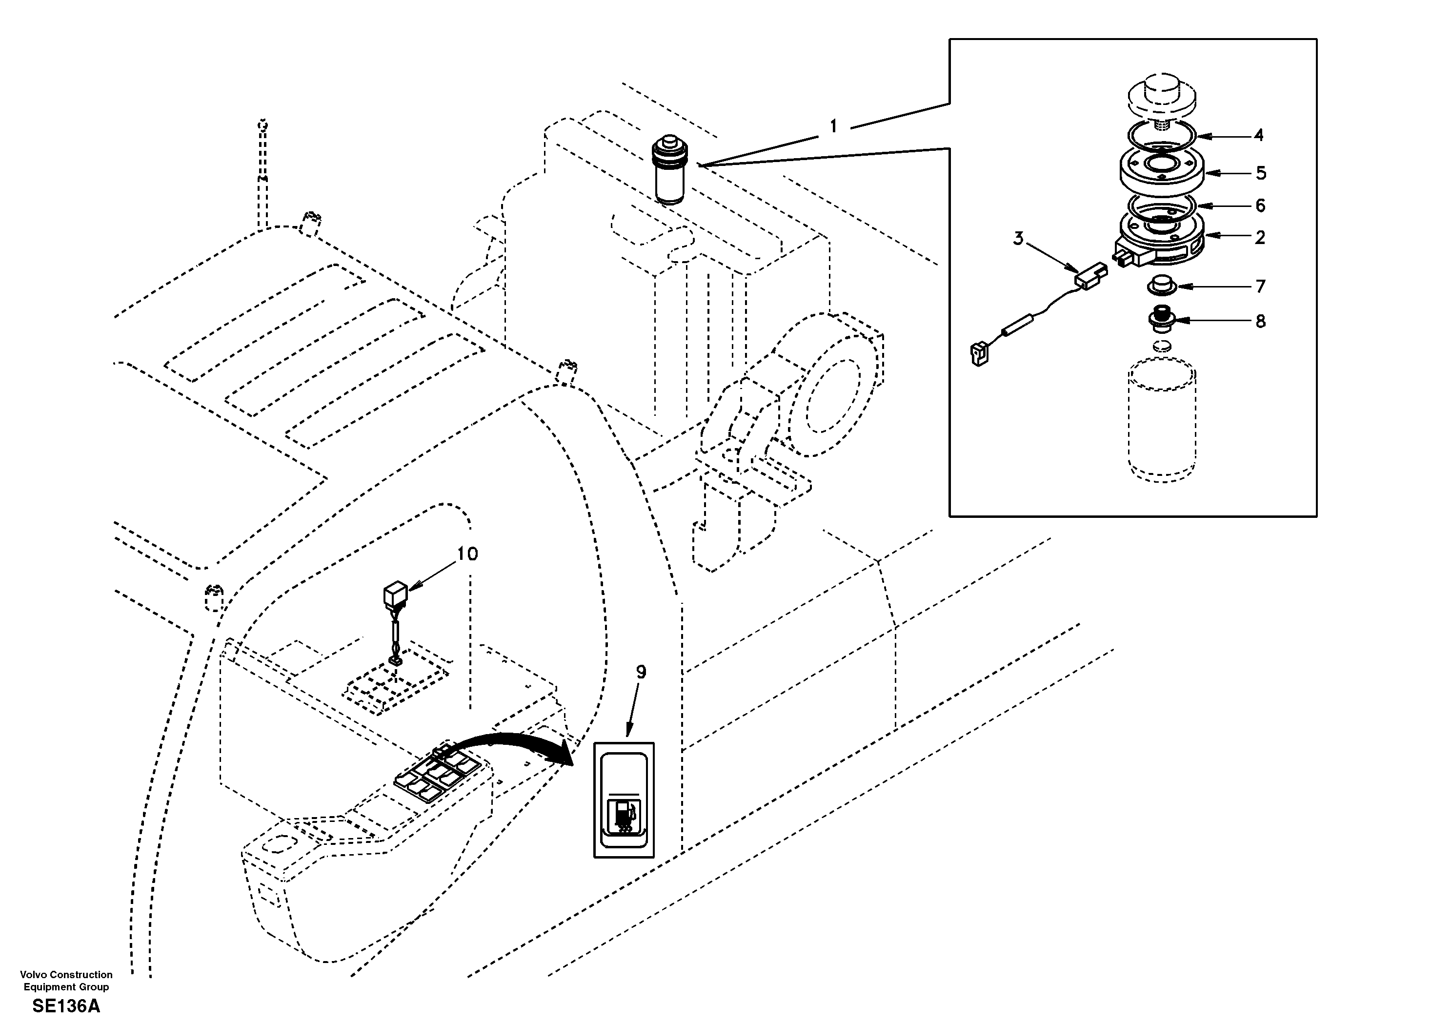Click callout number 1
(833, 126)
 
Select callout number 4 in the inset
(1258, 135)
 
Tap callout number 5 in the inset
(1260, 173)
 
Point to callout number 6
(1260, 205)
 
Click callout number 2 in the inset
(1260, 238)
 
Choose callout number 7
(1260, 287)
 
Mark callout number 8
(1260, 322)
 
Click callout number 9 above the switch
(641, 673)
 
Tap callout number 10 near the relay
(467, 554)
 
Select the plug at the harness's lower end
(979, 354)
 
